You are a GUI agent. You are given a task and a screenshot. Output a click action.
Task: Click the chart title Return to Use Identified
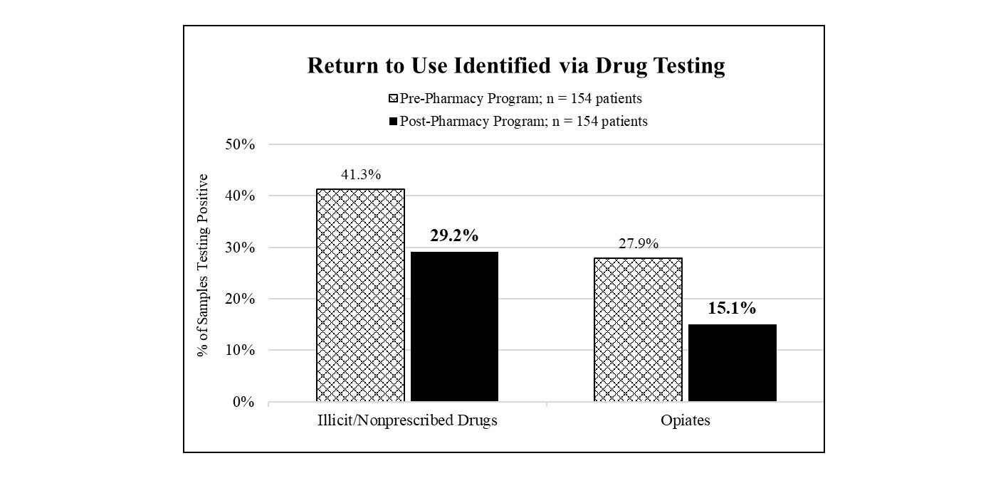[x=516, y=65]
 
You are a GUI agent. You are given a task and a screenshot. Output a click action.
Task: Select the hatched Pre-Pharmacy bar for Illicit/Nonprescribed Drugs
[x=360, y=295]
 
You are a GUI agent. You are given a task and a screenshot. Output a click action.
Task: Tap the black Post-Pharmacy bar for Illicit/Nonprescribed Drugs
[x=454, y=326]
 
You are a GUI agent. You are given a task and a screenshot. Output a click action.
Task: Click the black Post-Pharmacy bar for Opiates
[x=731, y=363]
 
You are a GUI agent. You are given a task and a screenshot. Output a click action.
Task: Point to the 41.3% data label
[x=360, y=175]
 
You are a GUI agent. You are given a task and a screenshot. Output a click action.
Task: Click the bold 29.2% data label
[x=454, y=235]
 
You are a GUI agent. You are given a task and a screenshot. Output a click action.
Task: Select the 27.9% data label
[x=637, y=244]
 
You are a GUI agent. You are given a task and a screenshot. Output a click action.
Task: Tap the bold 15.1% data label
[x=731, y=309]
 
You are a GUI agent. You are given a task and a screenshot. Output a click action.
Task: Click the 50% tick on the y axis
[x=241, y=144]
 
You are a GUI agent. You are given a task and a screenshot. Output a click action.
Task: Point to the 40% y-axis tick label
[x=241, y=196]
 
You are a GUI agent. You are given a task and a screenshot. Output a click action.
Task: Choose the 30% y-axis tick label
[x=241, y=248]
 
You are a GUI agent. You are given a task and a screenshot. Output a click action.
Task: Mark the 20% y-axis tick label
[x=241, y=299]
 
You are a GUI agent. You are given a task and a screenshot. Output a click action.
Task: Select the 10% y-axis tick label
[x=241, y=351]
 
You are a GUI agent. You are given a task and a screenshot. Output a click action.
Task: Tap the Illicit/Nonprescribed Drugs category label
[x=407, y=420]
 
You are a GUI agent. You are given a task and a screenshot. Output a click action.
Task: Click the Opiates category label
[x=684, y=420]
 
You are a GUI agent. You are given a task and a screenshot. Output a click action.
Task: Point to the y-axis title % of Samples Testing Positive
[x=204, y=265]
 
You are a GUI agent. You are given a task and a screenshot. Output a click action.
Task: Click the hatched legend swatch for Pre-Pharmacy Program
[x=394, y=99]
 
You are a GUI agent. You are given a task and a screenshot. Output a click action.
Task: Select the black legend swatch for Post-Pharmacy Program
[x=394, y=122]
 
